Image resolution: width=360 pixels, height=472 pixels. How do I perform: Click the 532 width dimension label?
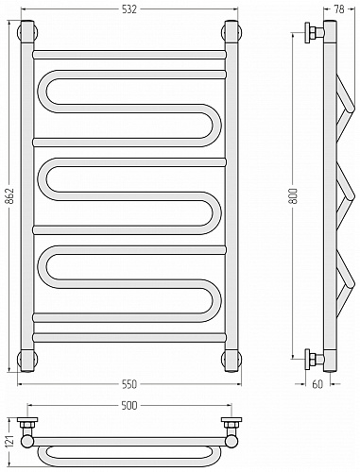pos(129,9)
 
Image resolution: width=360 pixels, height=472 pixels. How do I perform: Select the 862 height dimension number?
pos(10,196)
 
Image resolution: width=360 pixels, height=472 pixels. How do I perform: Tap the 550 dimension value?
pos(129,384)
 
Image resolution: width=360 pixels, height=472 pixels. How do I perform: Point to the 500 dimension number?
pos(129,406)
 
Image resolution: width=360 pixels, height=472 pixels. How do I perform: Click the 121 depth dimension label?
pos(10,443)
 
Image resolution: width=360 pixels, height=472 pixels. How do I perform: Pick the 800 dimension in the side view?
pos(293,196)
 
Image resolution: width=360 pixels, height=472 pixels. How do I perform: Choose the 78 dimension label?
pos(339,9)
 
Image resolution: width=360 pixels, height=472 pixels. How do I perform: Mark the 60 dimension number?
pos(318,384)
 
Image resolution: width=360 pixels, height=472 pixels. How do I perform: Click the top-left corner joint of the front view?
pos(27,31)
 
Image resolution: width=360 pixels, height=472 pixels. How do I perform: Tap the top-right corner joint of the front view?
pos(231,31)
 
